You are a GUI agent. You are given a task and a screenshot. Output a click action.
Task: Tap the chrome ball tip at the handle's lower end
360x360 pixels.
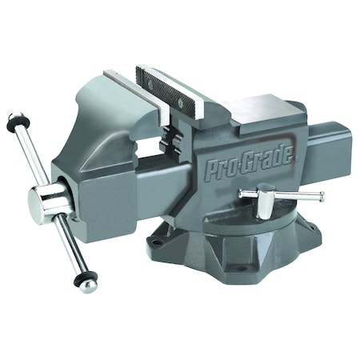click(90, 286)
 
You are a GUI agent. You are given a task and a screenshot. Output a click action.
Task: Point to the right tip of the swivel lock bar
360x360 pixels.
click(322, 198)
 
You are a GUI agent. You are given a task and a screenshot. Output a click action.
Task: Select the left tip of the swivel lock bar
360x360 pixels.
click(241, 192)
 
